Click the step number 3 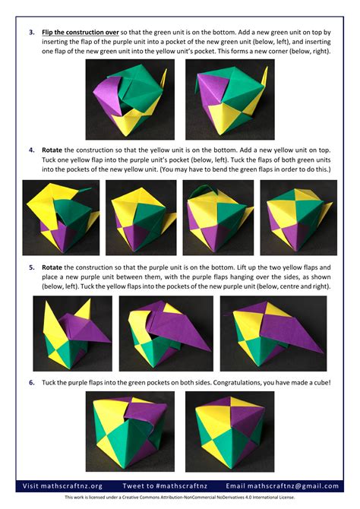click(32, 33)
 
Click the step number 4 click(32, 150)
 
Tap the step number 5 click(32, 267)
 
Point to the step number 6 click(32, 382)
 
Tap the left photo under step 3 click(129, 100)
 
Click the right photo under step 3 click(230, 100)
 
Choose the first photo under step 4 click(61, 217)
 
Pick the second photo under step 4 click(140, 217)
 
